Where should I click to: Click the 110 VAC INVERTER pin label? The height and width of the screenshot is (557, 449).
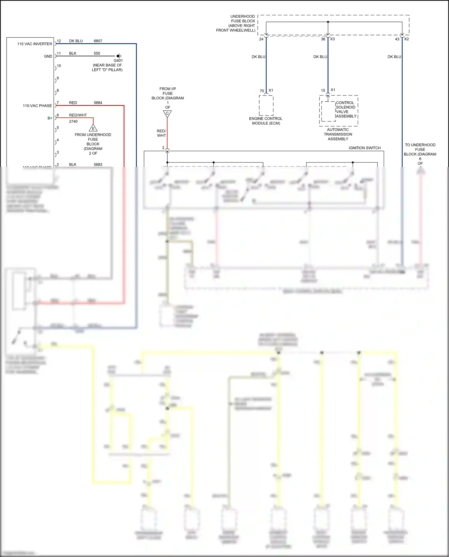click(34, 44)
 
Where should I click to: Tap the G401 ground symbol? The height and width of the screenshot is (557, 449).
click(119, 56)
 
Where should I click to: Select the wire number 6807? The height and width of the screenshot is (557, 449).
click(98, 41)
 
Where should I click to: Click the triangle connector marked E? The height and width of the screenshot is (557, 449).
click(93, 128)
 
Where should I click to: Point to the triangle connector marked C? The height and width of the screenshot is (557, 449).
click(167, 114)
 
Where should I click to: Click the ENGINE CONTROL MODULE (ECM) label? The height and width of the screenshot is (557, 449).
click(266, 121)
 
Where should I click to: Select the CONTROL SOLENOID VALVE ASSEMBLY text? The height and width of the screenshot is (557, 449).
click(346, 110)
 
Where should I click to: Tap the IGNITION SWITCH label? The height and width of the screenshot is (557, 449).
click(365, 148)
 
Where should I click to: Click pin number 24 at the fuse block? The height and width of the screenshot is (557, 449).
click(261, 39)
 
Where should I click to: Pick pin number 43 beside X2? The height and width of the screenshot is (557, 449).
click(397, 39)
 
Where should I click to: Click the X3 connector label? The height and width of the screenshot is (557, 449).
click(332, 39)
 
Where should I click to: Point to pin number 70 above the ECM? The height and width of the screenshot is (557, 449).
click(262, 91)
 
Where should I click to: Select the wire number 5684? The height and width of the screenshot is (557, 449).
click(98, 103)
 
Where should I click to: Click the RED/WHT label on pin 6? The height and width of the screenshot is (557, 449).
click(78, 115)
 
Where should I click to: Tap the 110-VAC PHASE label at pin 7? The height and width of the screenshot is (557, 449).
click(37, 106)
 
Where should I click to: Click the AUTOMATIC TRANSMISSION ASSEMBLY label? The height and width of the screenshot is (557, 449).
click(338, 134)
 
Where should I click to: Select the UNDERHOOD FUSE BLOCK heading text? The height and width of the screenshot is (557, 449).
click(236, 23)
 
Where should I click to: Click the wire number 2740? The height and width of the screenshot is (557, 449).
click(73, 122)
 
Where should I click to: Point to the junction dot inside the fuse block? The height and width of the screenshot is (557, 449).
click(328, 22)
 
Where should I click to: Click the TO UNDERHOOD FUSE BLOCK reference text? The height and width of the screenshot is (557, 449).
click(420, 152)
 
